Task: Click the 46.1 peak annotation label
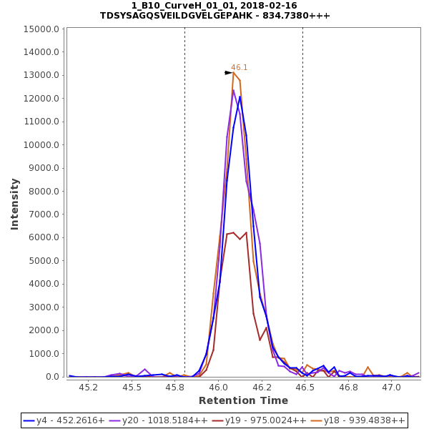point(239,68)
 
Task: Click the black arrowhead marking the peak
point(228,73)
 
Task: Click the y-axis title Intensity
point(14,204)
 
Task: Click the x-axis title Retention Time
point(243,400)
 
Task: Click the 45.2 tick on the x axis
point(89,387)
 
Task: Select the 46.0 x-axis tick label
point(218,387)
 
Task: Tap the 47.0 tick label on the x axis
point(391,387)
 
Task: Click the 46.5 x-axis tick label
point(305,387)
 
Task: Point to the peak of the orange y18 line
point(233,72)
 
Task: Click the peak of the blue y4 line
point(240,97)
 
